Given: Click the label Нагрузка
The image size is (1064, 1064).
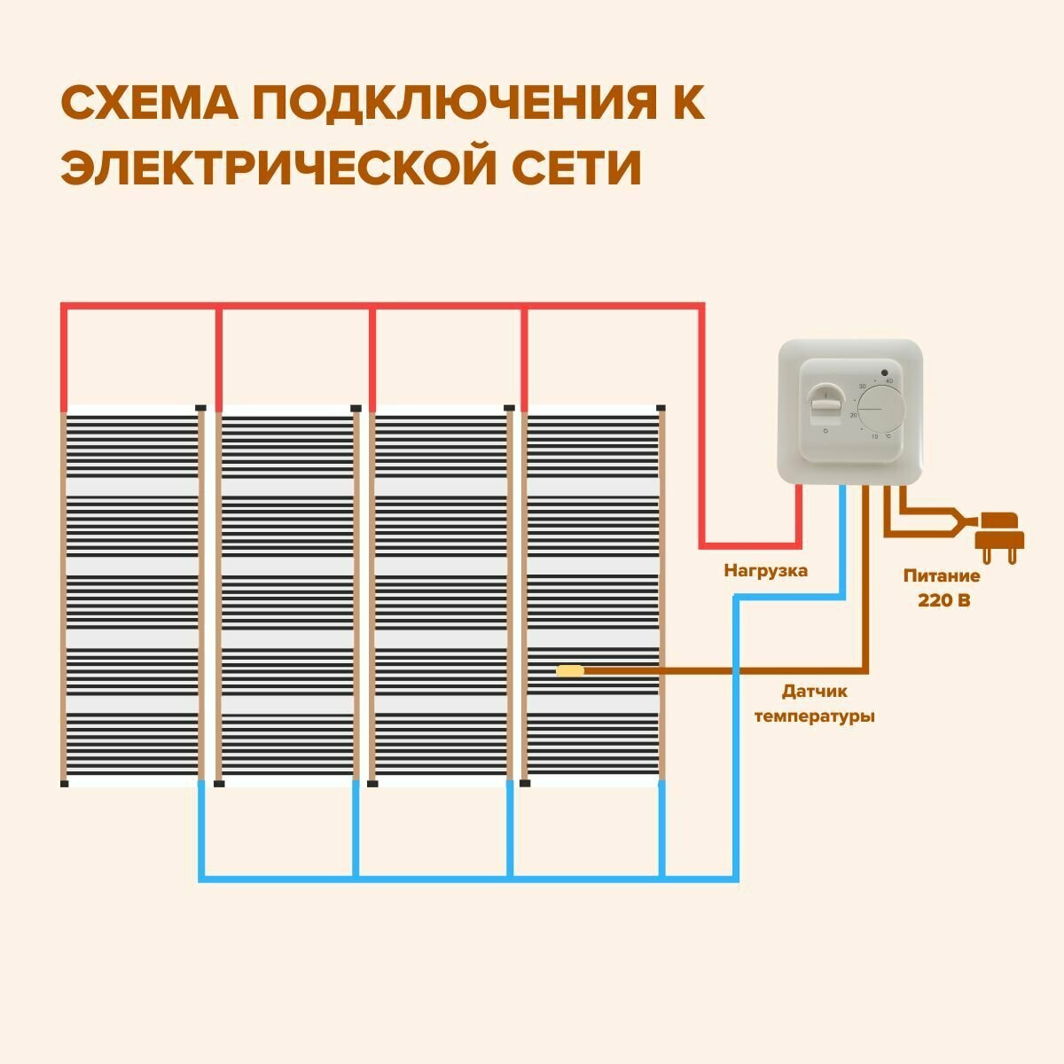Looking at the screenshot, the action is pos(766,571).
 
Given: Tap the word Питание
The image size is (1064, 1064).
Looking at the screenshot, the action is pos(942,576).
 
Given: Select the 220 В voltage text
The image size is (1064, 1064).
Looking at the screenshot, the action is pos(943,600).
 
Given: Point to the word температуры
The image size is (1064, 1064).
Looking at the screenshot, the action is pos(814,716).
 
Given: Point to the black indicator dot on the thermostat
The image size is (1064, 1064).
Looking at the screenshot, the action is pos(885,372).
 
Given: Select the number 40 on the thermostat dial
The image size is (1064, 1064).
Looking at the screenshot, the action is pos(888,381).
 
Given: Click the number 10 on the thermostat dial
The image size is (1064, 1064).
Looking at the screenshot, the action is pos(874,437).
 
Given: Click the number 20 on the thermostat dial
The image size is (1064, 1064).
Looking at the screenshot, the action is pos(853,415).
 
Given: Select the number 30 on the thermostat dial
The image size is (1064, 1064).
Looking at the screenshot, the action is pos(862,387).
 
